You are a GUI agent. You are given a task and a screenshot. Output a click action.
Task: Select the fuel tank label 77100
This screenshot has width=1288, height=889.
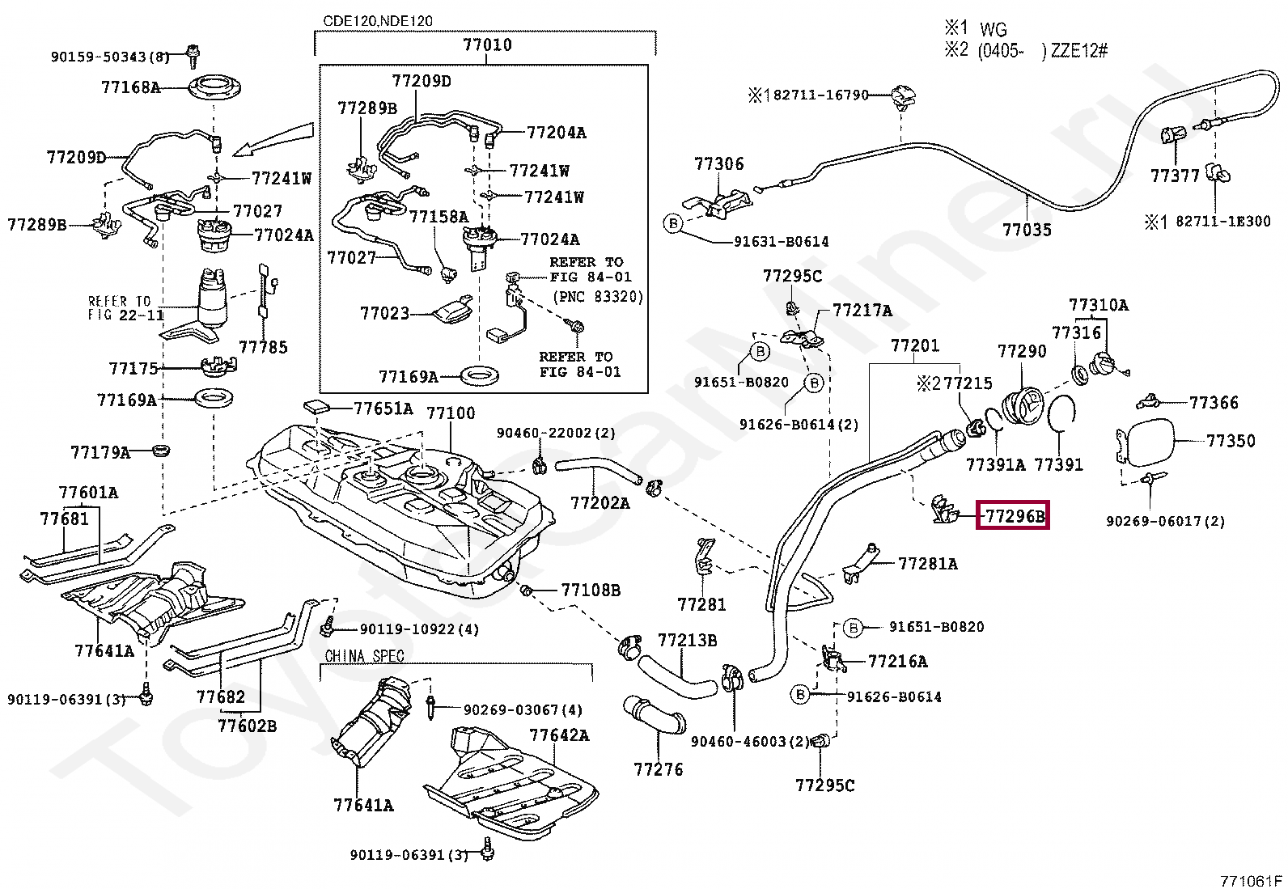point(451,413)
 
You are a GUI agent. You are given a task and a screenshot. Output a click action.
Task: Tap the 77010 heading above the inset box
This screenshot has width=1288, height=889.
point(487,44)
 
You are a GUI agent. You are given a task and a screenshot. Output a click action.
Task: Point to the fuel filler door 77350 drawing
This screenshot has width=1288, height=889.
point(1143,442)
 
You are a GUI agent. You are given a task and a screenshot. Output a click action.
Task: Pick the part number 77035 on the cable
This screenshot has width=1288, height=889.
point(1027,230)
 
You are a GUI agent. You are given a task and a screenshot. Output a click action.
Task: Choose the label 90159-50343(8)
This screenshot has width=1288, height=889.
point(110,57)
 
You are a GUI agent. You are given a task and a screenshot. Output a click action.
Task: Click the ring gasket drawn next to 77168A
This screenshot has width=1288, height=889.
point(214,88)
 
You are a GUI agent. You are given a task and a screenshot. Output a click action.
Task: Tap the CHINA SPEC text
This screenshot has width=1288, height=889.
point(364,656)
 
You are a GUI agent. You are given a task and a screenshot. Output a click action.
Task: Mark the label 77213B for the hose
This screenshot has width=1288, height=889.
point(687,640)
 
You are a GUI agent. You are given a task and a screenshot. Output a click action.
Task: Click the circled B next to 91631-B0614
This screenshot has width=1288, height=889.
point(673,223)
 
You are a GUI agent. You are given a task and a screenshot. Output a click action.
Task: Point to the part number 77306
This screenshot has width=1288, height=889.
point(718,164)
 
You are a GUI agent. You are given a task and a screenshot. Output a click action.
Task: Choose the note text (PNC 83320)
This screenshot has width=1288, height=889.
point(598,297)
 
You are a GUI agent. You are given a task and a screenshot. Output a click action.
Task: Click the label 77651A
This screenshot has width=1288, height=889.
point(383,409)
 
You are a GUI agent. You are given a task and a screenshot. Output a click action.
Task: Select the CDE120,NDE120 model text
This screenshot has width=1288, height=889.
point(378,21)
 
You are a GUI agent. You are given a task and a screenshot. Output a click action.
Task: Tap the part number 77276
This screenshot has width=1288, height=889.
point(659,768)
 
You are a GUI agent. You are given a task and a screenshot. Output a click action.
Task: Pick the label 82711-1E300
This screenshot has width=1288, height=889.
point(1223,222)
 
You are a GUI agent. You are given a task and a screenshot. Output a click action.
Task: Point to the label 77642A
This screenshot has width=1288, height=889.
point(559,734)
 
